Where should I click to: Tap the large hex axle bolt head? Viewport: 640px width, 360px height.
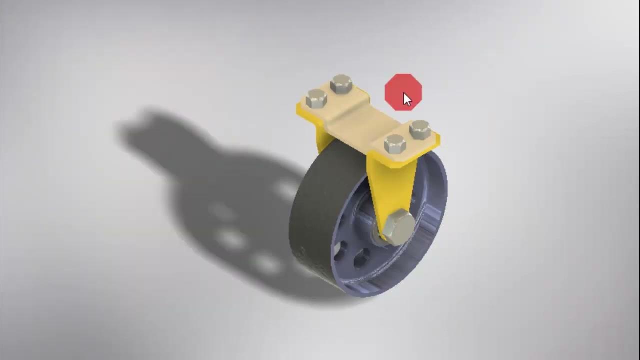tap(399, 227)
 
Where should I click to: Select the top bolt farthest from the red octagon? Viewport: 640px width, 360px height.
tap(316, 99)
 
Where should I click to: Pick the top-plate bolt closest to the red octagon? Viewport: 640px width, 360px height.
tap(420, 129)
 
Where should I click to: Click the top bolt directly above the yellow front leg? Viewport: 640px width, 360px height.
tap(395, 145)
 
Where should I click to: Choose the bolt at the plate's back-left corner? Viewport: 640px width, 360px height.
tap(341, 84)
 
